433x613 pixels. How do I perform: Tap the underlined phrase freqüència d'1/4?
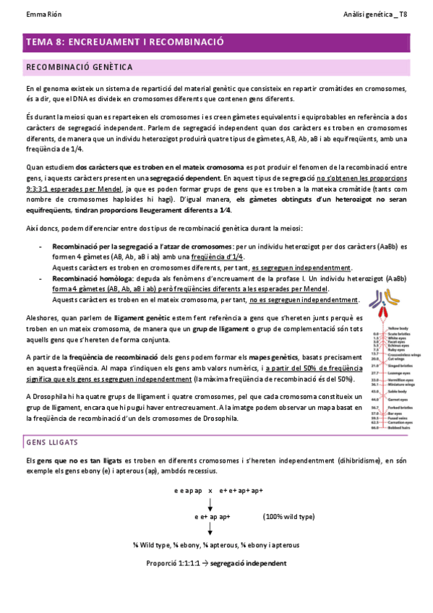[222, 257]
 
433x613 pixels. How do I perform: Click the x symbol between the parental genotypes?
[210, 491]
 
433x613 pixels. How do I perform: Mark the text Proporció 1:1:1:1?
[173, 563]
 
